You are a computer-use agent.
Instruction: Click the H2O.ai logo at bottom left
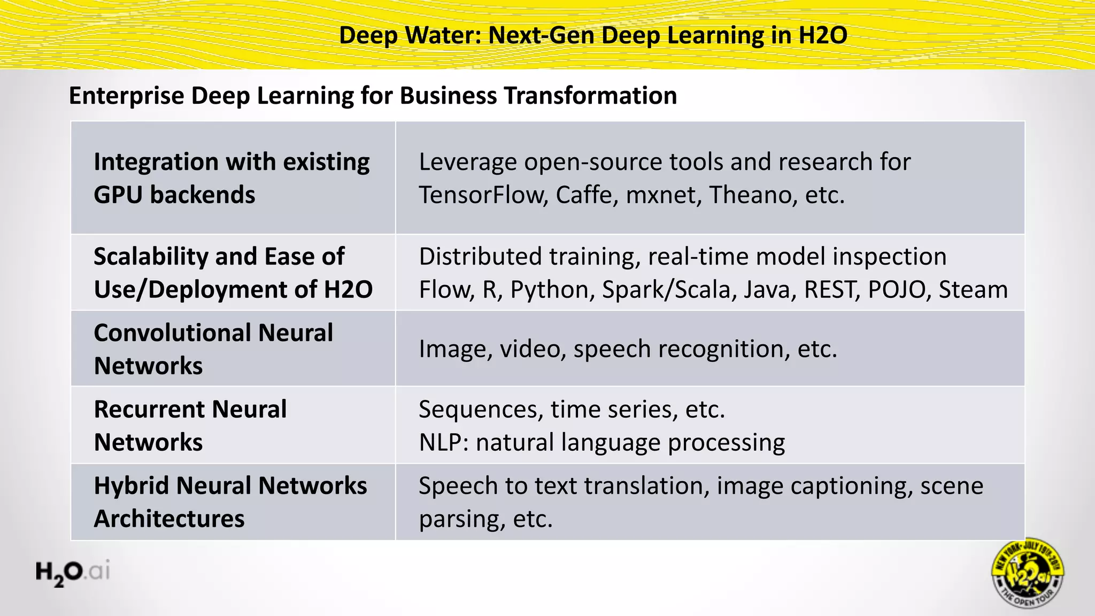73,572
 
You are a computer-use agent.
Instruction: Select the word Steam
973,290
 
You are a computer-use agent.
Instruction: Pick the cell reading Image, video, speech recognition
628,349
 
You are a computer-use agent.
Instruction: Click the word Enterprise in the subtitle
126,96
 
